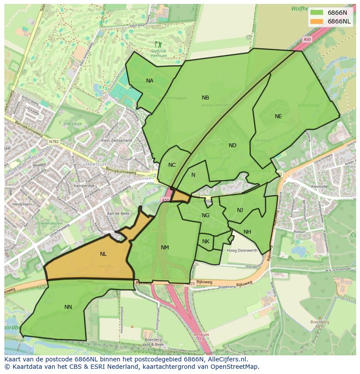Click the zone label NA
(x=150, y=81)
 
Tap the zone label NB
(x=205, y=98)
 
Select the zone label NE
(x=278, y=116)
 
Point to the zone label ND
(x=233, y=146)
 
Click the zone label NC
(x=172, y=165)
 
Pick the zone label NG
(x=206, y=215)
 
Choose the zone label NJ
(x=240, y=210)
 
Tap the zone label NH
(x=247, y=232)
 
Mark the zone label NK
(x=206, y=242)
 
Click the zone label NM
(x=165, y=248)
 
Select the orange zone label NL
(x=103, y=254)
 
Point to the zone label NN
(x=68, y=307)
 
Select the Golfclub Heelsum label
(x=159, y=53)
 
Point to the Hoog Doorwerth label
(x=242, y=251)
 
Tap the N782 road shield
(x=53, y=141)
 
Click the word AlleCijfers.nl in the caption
(x=226, y=359)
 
